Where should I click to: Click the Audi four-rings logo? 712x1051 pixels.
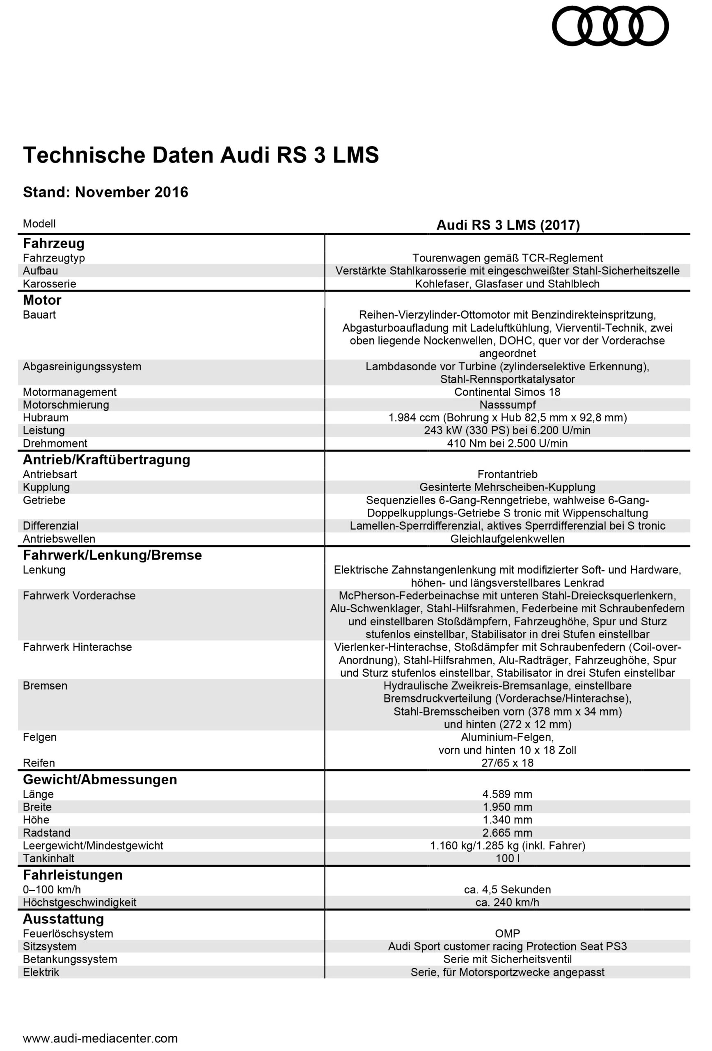[610, 26]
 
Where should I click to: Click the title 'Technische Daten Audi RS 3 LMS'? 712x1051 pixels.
[201, 155]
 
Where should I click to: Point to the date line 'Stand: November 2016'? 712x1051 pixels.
[105, 192]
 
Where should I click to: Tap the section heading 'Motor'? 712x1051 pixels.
[42, 300]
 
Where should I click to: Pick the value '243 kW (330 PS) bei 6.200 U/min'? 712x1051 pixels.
[507, 430]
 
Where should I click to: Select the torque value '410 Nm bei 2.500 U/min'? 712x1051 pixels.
[507, 443]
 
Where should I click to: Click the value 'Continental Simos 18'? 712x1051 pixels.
[507, 392]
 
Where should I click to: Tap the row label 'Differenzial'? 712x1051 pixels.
[50, 525]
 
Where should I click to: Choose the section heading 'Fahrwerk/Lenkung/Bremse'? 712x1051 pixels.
[112, 555]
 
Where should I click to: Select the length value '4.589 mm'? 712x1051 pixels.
[507, 794]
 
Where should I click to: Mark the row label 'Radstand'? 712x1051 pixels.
[46, 833]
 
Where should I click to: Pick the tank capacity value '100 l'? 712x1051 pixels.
[507, 858]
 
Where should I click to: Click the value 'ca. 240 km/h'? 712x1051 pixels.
[507, 902]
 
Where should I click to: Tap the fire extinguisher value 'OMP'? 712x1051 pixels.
[507, 934]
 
